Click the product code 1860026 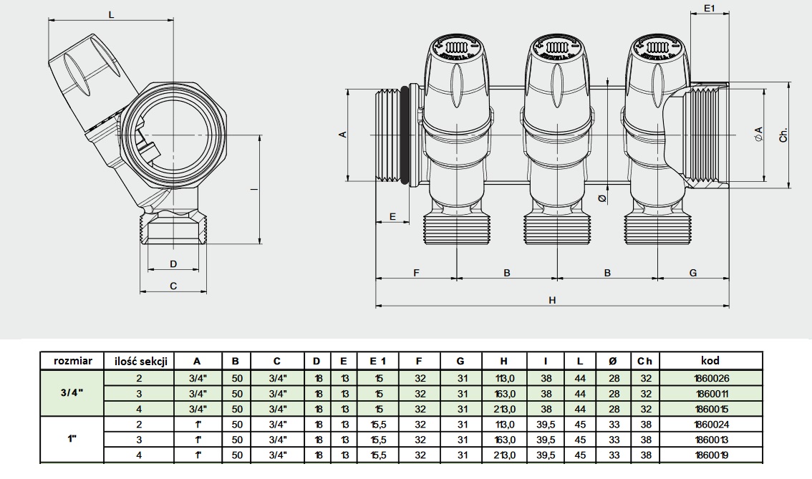coord(710,377)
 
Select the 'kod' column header coord(710,361)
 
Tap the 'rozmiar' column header coord(72,361)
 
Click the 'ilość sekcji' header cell coord(140,361)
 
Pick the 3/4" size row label coord(72,393)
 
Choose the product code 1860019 coord(710,455)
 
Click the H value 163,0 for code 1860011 coord(504,393)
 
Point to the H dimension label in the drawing coord(552,300)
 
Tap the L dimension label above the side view coord(111,14)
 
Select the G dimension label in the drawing coord(692,273)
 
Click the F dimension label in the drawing coord(416,273)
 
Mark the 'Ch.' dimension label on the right coord(784,135)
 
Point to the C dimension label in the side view coord(173,286)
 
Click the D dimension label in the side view coord(173,263)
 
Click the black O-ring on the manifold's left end coord(409,135)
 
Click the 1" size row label coord(72,439)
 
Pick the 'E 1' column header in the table coord(377,361)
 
